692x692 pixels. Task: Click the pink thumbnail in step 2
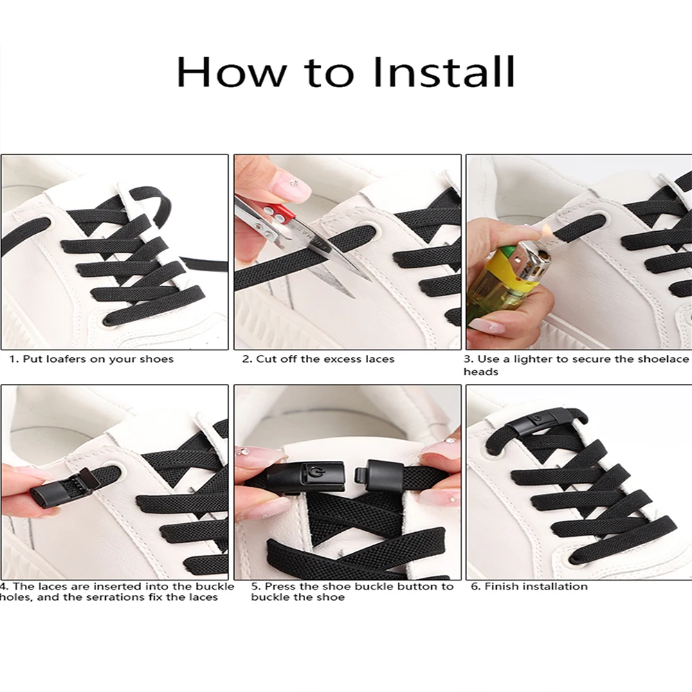tap(290, 187)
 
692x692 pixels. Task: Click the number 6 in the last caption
tap(475, 586)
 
